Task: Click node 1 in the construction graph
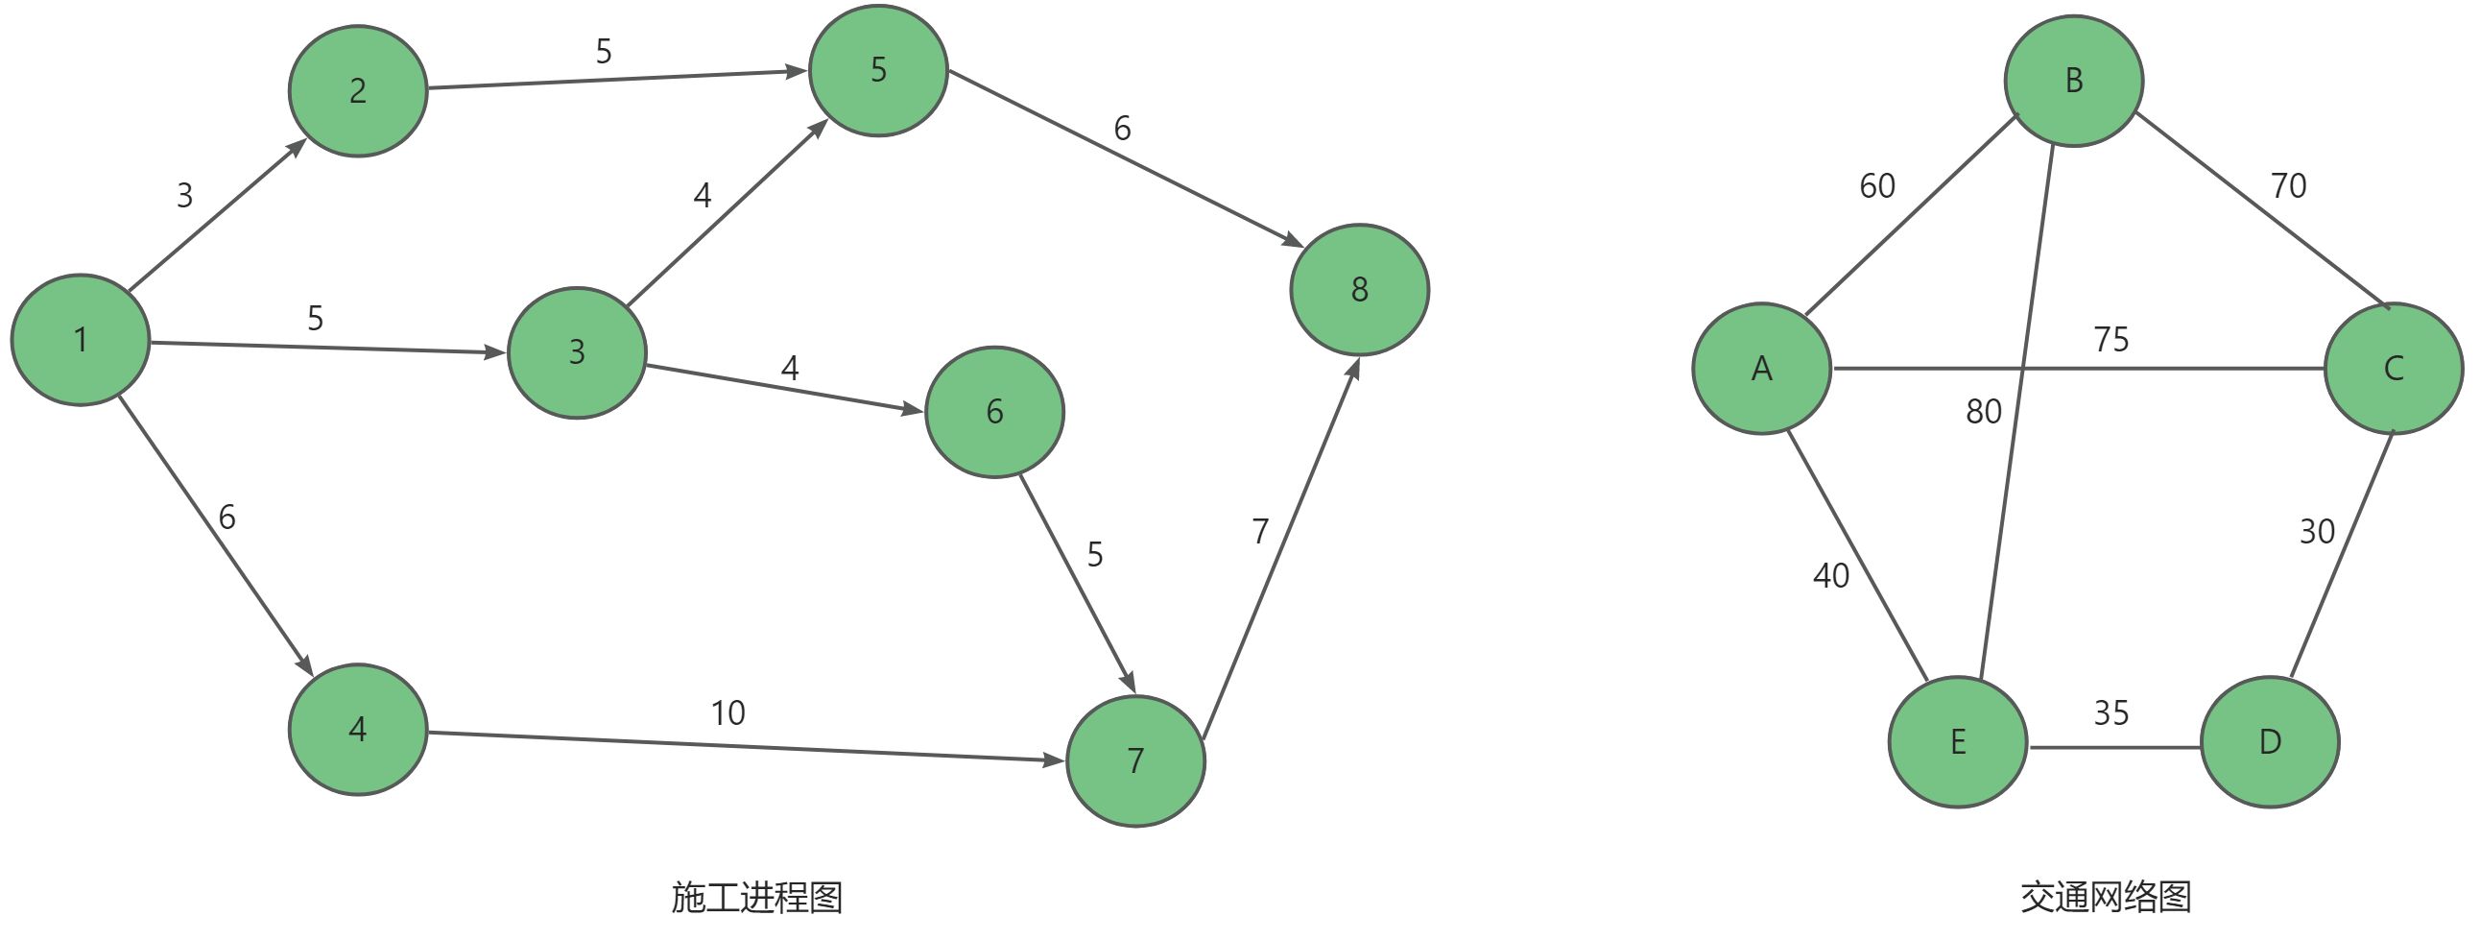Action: pyautogui.click(x=80, y=340)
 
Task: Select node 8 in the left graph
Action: pyautogui.click(x=1359, y=290)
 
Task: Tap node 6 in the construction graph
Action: pyautogui.click(x=994, y=412)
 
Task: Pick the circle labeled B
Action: pyautogui.click(x=2074, y=81)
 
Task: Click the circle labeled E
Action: pyautogui.click(x=1957, y=742)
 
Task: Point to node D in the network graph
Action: pyautogui.click(x=2269, y=742)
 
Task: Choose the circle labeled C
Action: pyautogui.click(x=2394, y=369)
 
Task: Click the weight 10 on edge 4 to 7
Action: pyautogui.click(x=727, y=713)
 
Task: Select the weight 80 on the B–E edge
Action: pyautogui.click(x=1983, y=412)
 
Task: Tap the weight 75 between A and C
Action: pyautogui.click(x=2110, y=340)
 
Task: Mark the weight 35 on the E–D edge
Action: pyautogui.click(x=2110, y=713)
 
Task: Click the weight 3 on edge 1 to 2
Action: pyautogui.click(x=185, y=196)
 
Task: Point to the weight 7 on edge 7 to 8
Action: pyautogui.click(x=1260, y=532)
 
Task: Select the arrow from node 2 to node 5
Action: pyautogui.click(x=616, y=79)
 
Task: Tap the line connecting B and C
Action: pyautogui.click(x=2262, y=210)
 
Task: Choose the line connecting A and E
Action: pyautogui.click(x=1858, y=556)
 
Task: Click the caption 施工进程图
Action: pyautogui.click(x=756, y=898)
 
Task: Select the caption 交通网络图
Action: pyautogui.click(x=2106, y=898)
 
